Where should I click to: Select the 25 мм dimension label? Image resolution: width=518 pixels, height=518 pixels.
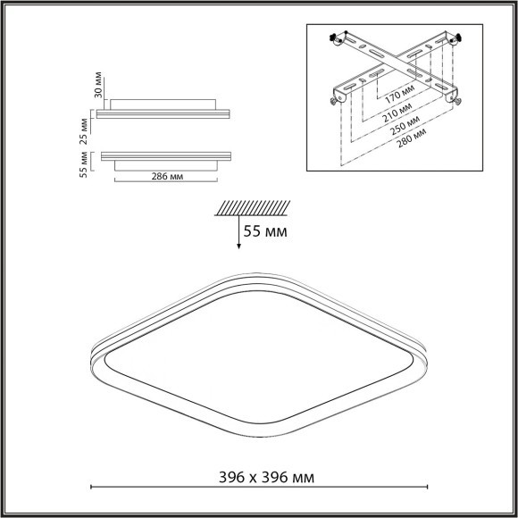86,128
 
